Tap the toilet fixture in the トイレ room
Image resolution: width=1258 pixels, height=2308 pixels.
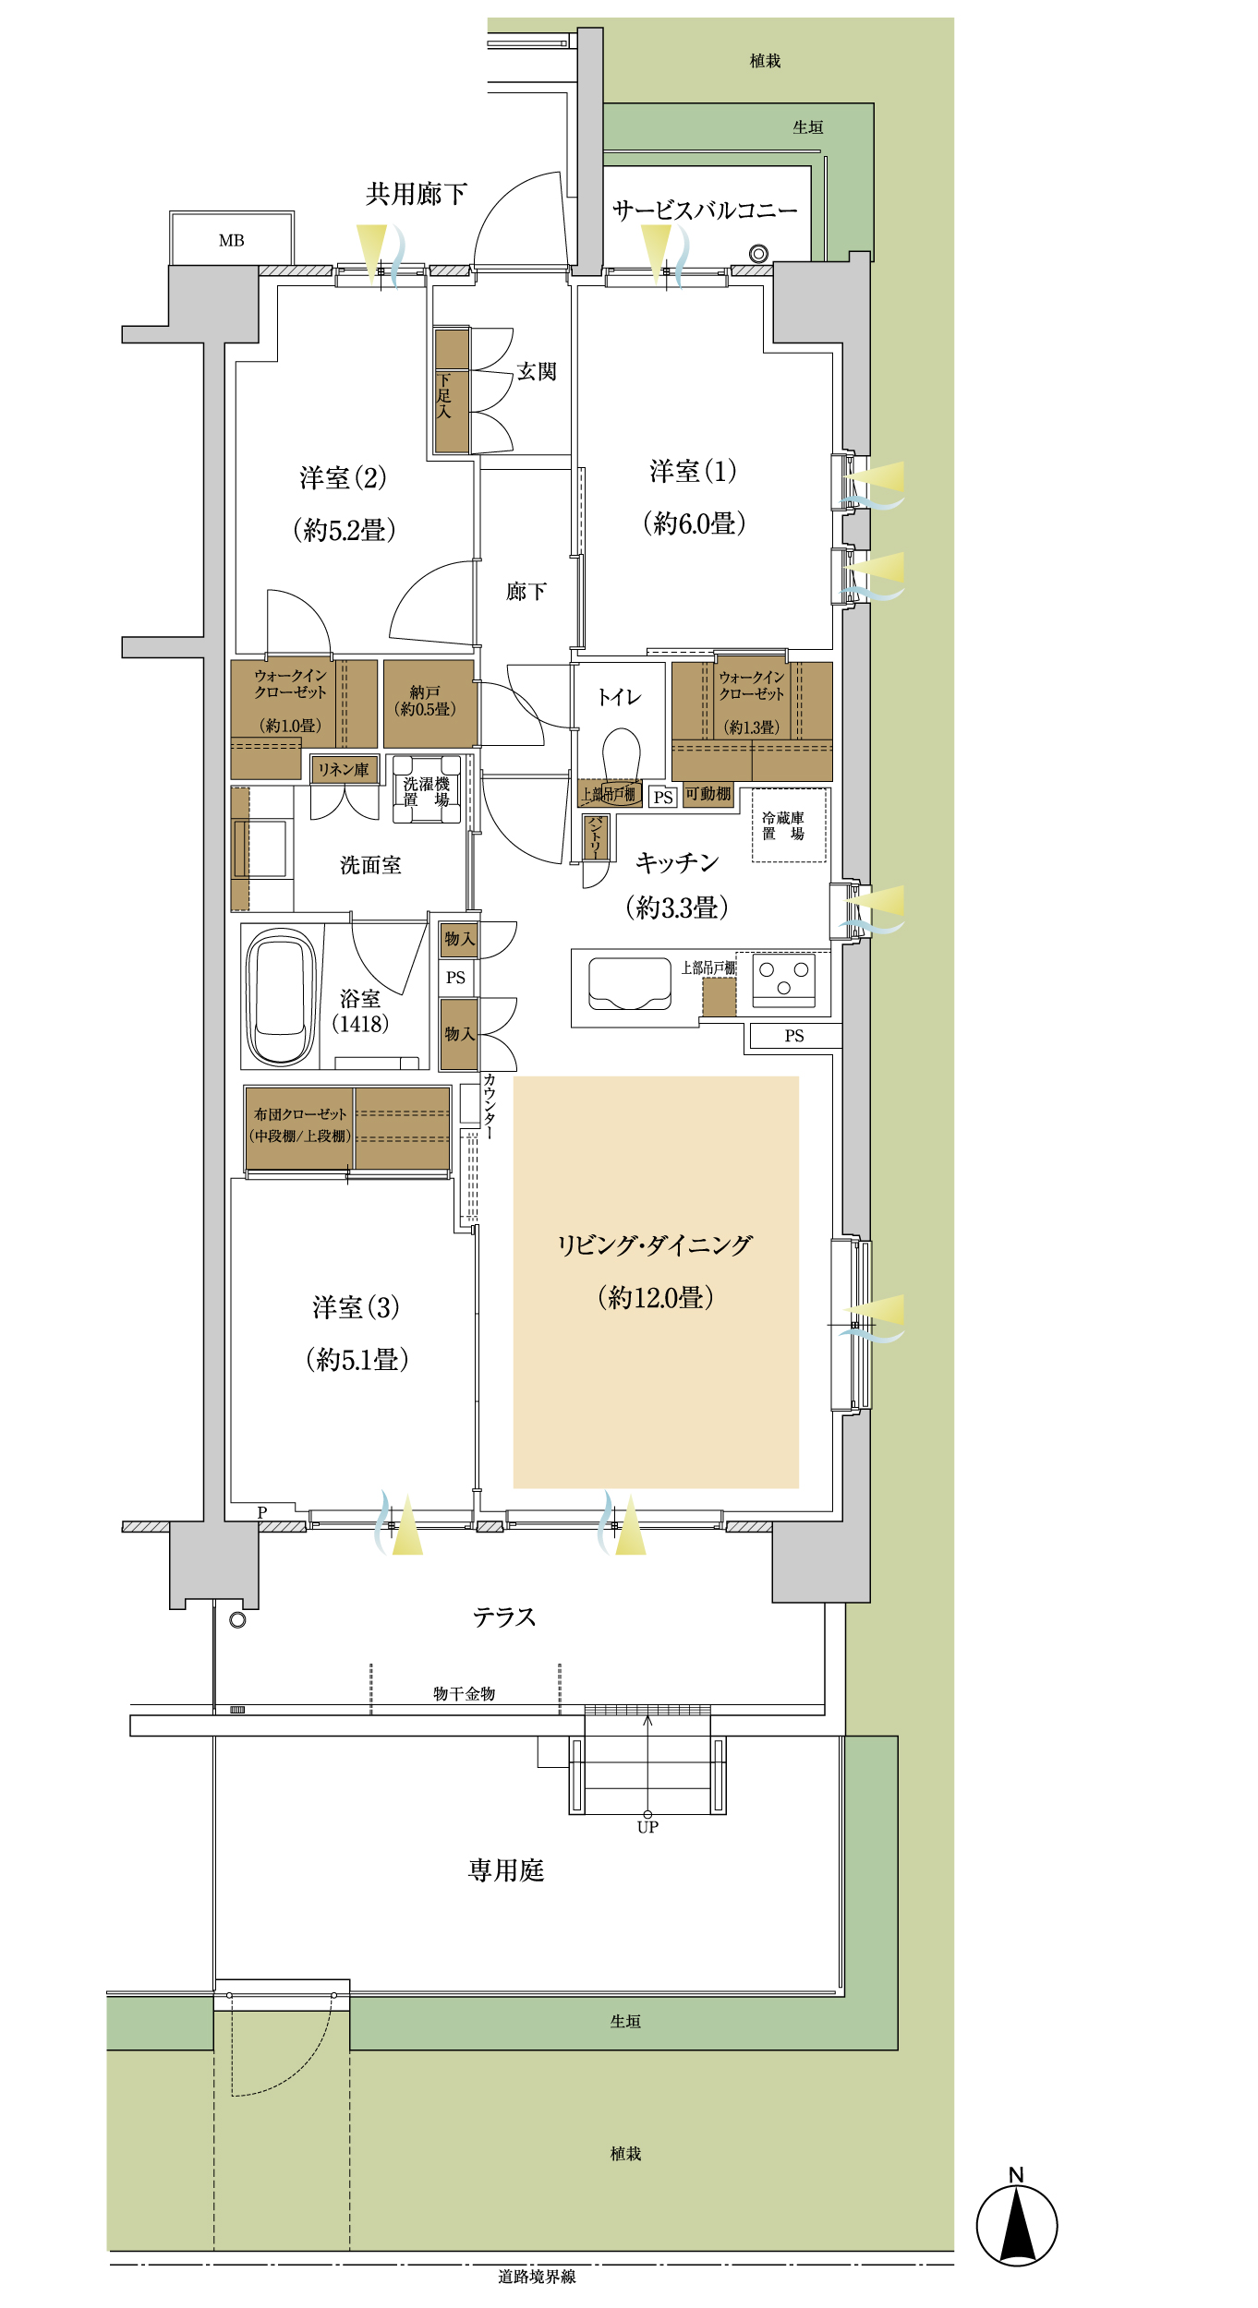[x=621, y=755]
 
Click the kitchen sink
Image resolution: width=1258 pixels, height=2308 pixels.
[x=630, y=983]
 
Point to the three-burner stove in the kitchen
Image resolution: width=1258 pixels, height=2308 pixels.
[x=783, y=980]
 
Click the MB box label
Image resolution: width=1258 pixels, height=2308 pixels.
[x=232, y=240]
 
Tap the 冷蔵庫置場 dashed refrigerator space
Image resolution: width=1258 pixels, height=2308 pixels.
[x=789, y=825]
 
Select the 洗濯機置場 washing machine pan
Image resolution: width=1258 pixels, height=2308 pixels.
[x=427, y=789]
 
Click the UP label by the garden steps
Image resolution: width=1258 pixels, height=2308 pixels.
[x=647, y=1826]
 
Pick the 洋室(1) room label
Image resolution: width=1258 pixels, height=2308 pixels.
[x=693, y=472]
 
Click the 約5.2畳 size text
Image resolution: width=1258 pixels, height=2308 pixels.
[x=345, y=530]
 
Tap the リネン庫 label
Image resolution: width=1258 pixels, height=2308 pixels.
[x=344, y=769]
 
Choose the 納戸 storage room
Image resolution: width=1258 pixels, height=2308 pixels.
[x=429, y=703]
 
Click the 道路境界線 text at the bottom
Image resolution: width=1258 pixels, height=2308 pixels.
[x=537, y=2295]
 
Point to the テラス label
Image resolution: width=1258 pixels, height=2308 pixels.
[x=504, y=1617]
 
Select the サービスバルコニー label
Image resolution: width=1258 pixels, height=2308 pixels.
[x=705, y=210]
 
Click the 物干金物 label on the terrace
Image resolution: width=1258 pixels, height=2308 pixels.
[x=465, y=1693]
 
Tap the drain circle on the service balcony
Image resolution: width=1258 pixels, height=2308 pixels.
[x=758, y=254]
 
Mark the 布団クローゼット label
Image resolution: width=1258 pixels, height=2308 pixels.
[x=300, y=1114]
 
